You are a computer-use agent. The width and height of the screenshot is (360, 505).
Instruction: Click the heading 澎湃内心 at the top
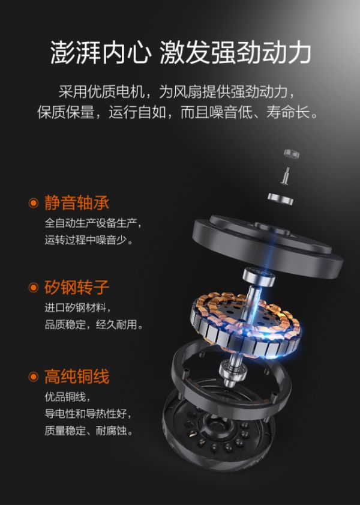coord(101,52)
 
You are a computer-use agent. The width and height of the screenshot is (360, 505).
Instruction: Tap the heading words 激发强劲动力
coord(235,52)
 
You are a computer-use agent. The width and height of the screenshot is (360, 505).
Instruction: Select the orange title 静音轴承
coord(77,203)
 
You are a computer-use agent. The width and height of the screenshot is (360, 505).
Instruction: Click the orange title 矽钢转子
coord(77,287)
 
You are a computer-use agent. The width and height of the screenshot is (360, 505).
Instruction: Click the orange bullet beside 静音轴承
coord(34,203)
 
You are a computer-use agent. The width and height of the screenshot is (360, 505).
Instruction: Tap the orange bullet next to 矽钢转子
coord(34,288)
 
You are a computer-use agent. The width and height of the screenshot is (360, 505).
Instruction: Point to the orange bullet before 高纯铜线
coord(34,376)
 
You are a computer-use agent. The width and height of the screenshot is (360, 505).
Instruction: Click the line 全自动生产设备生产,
coord(93,223)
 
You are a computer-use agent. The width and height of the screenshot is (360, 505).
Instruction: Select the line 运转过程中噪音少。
coord(89,240)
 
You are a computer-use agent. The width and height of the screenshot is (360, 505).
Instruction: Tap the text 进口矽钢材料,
coord(78,307)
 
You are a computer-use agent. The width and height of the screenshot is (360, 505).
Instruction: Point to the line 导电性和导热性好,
coord(88,414)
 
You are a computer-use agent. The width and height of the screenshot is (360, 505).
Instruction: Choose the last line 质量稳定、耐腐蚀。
coord(89,431)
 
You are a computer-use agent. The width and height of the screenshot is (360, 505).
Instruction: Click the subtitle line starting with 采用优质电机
coord(176,92)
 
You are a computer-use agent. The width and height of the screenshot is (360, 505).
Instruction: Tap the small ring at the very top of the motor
coord(292,154)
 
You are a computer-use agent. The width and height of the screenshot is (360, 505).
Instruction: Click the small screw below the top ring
coord(285,176)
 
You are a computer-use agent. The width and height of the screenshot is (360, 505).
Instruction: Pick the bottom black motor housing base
coord(219,432)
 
